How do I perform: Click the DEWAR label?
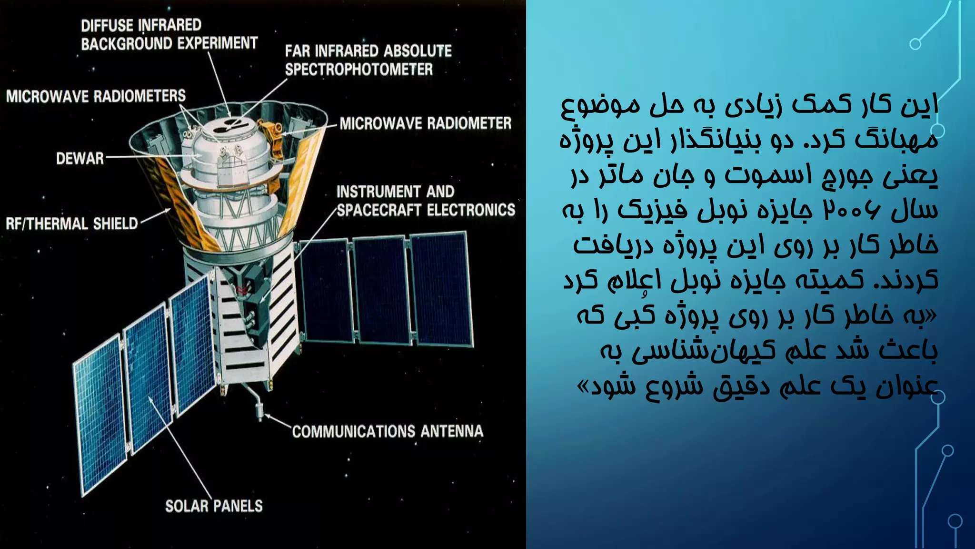pos(80,158)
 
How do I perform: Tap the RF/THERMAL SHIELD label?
pos(71,224)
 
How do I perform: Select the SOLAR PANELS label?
pos(214,506)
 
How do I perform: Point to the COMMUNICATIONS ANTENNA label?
pos(388,431)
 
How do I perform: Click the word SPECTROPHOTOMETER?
pos(359,70)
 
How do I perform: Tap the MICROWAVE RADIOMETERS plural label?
pos(96,96)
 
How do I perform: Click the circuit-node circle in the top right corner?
pos(915,44)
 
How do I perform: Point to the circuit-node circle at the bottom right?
pos(955,521)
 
